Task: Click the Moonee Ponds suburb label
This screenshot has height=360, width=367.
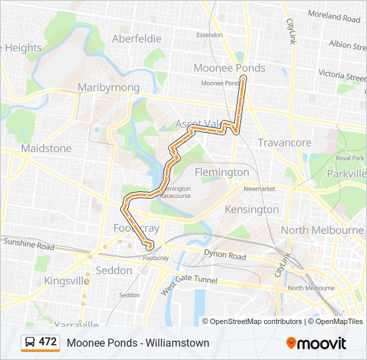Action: (229, 68)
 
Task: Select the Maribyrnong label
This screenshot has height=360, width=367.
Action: (108, 87)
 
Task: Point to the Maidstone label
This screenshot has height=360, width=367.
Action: (46, 147)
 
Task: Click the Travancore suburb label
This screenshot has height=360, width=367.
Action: (284, 143)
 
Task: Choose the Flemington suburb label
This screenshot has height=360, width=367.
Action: (222, 172)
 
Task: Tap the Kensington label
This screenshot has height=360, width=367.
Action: (252, 209)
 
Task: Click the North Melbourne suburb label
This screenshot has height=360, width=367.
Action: (322, 230)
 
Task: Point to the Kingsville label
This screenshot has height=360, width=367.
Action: (67, 281)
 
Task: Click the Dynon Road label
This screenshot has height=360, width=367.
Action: (226, 255)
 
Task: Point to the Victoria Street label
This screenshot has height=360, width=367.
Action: (342, 75)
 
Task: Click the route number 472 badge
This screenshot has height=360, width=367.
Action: (47, 342)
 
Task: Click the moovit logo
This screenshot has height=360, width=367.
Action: (316, 343)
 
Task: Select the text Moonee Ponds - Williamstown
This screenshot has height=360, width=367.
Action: (137, 343)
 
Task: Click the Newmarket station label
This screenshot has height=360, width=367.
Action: (259, 189)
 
